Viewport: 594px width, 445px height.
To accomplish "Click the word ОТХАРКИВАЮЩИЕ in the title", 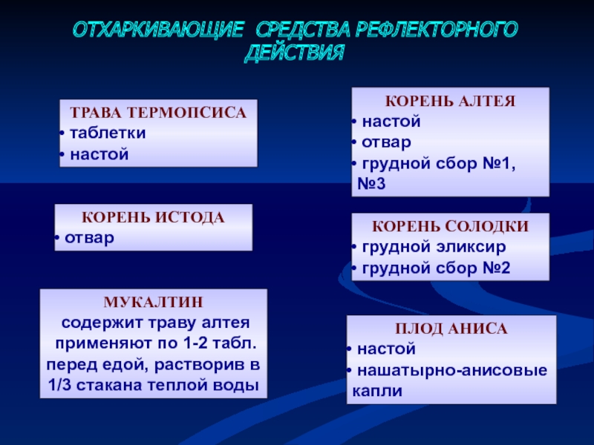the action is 157,30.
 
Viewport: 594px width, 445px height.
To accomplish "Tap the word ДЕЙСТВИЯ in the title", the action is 294,53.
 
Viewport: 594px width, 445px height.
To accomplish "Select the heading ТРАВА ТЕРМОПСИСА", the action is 158,113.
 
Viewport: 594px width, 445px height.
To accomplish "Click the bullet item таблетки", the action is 108,133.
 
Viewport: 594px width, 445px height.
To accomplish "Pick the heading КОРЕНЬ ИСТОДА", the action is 154,217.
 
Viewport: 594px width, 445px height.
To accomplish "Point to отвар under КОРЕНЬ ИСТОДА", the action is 89,238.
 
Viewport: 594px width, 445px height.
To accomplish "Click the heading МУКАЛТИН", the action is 154,302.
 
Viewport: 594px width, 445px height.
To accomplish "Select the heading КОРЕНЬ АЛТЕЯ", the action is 451,102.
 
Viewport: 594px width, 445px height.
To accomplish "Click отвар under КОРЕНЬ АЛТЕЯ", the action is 386,142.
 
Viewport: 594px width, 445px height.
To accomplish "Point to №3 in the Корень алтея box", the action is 371,184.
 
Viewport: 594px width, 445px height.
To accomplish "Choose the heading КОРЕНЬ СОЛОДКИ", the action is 451,226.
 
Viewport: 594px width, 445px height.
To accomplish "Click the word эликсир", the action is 471,247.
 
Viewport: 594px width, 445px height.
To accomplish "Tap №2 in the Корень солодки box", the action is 497,268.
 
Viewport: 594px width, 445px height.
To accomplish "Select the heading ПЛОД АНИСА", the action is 451,329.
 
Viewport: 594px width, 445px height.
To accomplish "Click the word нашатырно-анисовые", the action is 452,370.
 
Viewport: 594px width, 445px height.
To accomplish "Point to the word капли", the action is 377,391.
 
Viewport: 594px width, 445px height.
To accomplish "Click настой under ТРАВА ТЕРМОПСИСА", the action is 99,155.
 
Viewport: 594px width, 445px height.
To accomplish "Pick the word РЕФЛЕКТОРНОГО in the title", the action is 436,30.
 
